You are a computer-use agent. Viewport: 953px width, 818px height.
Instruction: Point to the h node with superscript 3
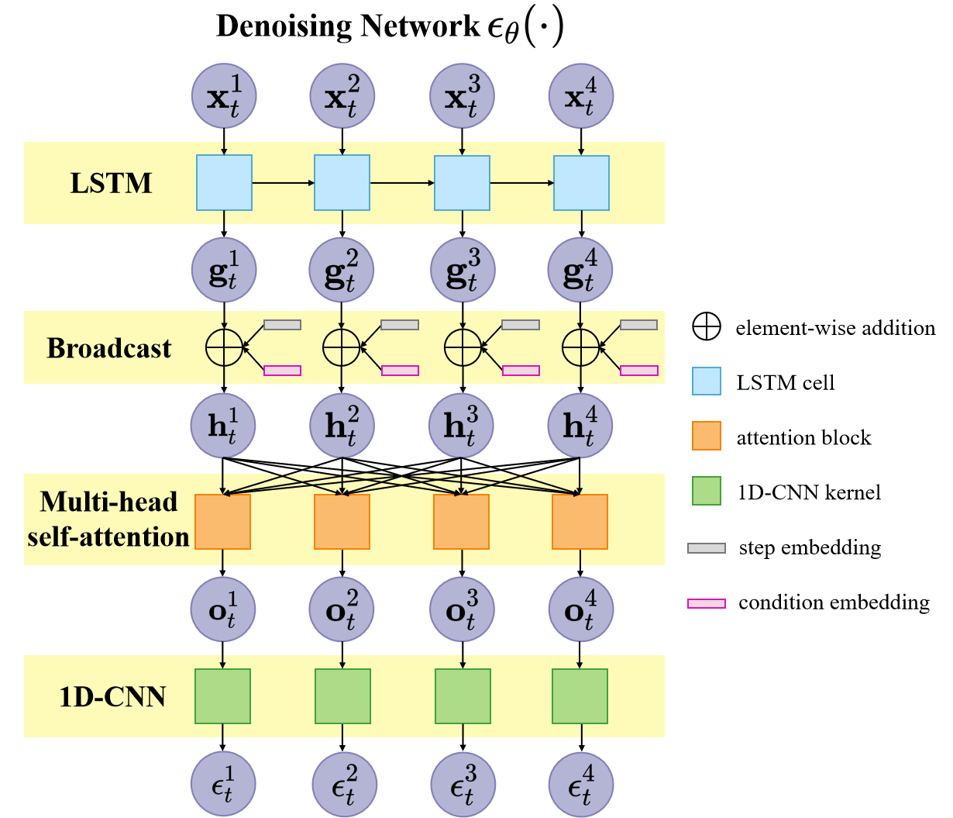point(462,426)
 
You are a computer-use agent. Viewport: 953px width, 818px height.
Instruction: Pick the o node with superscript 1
point(224,609)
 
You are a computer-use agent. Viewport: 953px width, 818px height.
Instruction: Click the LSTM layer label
point(112,184)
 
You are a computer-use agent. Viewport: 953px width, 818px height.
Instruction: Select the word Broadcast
point(109,349)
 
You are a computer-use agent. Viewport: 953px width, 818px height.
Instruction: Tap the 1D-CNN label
point(112,697)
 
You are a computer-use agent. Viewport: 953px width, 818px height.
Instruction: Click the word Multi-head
point(109,502)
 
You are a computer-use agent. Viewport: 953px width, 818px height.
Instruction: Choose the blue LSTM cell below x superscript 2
point(342,183)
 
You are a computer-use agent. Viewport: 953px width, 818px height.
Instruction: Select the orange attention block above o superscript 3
point(461,522)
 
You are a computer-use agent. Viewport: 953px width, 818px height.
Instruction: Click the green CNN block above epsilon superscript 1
point(223,696)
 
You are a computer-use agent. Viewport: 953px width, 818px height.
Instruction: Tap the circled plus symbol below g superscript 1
point(224,347)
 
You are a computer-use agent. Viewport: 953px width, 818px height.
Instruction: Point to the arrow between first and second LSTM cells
point(283,183)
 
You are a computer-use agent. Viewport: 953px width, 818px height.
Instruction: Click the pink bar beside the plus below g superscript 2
point(400,371)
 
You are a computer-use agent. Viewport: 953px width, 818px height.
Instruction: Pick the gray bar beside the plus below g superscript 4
point(638,325)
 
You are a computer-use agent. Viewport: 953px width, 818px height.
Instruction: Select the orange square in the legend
point(706,436)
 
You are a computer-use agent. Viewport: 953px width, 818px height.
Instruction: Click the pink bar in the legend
point(707,603)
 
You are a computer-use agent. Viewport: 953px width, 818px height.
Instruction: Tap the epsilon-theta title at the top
point(525,29)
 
